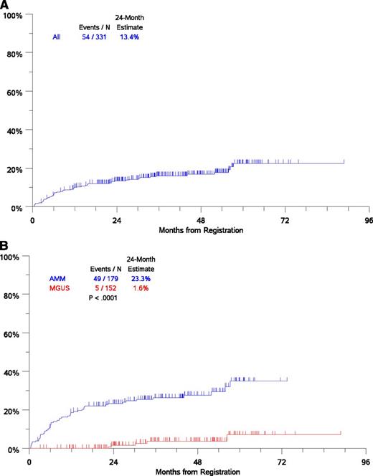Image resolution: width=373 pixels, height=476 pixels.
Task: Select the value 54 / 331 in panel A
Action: point(94,37)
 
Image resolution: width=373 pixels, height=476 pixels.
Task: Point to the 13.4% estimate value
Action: point(129,37)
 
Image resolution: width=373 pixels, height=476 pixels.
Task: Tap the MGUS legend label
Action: point(60,291)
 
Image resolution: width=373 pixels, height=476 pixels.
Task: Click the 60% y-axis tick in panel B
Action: point(15,334)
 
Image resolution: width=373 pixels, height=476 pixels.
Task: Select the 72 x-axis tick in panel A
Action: point(285,221)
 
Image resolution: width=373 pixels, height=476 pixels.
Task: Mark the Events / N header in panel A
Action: point(94,27)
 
